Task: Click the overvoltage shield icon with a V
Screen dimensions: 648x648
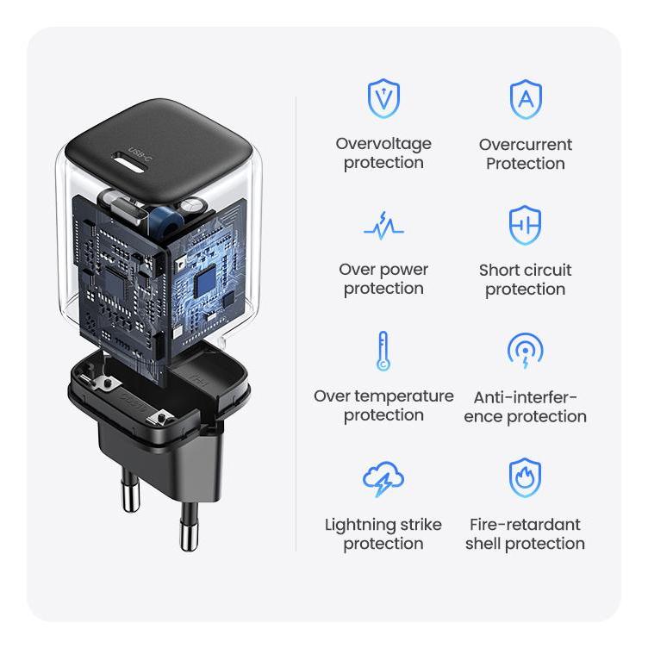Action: (383, 98)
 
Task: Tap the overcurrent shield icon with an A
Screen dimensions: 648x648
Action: (525, 99)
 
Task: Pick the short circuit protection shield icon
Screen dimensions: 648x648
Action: (525, 225)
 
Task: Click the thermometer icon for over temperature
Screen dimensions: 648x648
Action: (383, 351)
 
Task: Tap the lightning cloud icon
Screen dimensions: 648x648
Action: (383, 479)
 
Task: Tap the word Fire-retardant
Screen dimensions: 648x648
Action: (526, 525)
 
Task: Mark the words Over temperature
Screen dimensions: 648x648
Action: (383, 396)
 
